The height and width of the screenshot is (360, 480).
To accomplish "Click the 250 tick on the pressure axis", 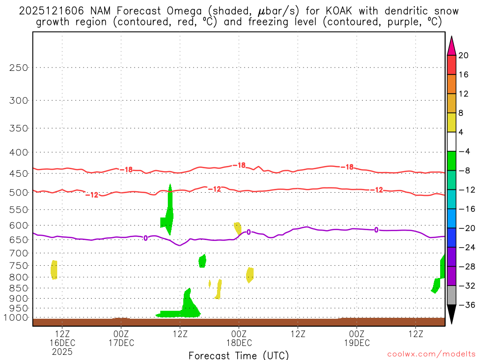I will coord(19,67).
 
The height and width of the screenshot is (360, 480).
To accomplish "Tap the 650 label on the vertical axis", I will coord(19,240).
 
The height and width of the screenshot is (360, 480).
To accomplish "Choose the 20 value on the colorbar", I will coord(464,55).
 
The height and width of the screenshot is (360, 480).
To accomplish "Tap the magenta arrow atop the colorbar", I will coord(451,46).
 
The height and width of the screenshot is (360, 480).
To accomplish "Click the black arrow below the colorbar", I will coord(451,314).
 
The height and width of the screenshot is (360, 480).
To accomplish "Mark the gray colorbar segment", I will coord(451,295).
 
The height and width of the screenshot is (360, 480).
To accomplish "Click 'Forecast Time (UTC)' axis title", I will coord(239,355).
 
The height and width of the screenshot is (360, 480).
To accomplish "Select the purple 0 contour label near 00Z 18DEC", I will coord(248,232).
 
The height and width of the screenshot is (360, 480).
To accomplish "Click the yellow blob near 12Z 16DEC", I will coord(54,270).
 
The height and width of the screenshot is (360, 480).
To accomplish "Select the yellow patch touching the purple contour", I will coord(238,228).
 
